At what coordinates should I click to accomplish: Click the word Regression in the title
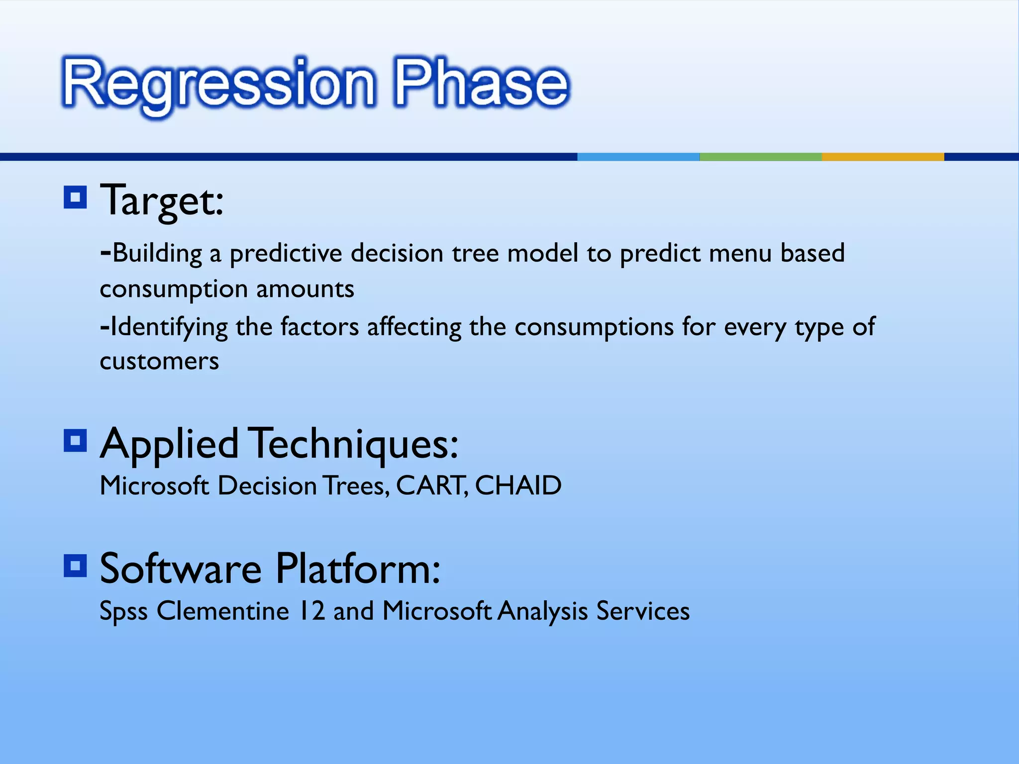pos(219,84)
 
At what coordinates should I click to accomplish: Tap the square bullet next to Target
pos(76,197)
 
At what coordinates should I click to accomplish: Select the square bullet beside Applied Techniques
pos(76,440)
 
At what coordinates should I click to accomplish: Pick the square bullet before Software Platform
pos(76,566)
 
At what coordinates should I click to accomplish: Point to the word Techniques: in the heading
pos(353,444)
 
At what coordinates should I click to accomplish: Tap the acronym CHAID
pos(518,485)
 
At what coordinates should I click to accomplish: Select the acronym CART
pos(430,485)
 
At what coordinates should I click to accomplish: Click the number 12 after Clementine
pos(312,611)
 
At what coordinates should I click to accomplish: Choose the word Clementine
pos(222,611)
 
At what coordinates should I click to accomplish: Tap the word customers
pos(159,361)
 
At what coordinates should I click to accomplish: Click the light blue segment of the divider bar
pos(638,157)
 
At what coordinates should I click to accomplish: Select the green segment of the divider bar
pos(760,157)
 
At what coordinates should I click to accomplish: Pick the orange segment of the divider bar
pos(883,157)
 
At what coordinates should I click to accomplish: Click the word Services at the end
pos(643,611)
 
